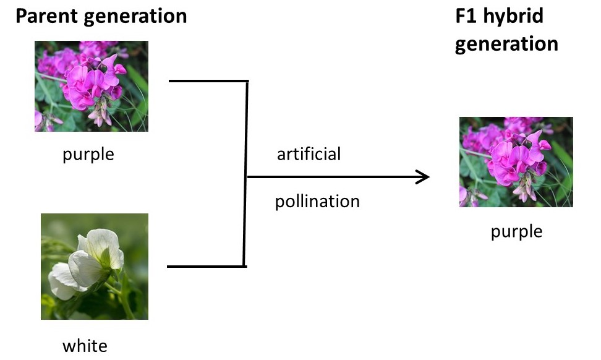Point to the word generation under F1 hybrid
(x=506, y=45)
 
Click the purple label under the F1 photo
(x=516, y=231)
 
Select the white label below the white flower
(x=85, y=346)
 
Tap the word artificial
(x=309, y=153)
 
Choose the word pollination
(x=317, y=201)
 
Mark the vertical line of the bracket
(x=246, y=173)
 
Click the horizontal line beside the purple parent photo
(x=208, y=81)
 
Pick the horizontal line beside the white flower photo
(x=207, y=267)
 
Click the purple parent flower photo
(x=91, y=86)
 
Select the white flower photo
(x=94, y=266)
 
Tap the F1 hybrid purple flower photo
(x=516, y=162)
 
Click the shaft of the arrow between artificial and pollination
(x=334, y=178)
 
